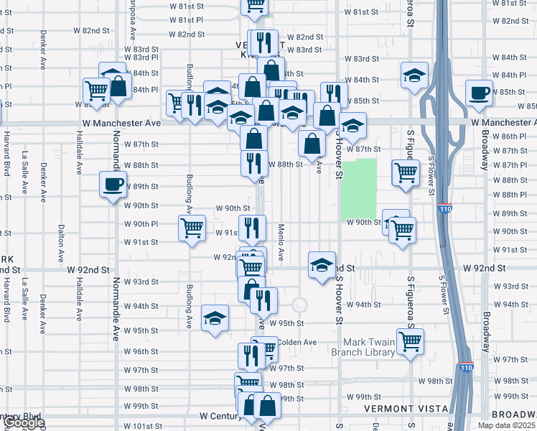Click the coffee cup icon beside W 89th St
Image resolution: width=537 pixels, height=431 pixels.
113,185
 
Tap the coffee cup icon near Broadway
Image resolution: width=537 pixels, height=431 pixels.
479,92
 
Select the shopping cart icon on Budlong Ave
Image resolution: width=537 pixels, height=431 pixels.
192,228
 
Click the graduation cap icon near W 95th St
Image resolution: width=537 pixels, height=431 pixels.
215,318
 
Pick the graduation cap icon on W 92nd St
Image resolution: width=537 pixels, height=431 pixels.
322,264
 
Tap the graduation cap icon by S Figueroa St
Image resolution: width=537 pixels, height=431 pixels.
414,75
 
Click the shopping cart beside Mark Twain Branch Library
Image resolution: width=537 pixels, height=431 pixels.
410,341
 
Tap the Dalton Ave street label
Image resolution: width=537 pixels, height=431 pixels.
60,238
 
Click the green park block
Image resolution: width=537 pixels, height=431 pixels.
359,188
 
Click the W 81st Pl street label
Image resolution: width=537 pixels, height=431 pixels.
187,19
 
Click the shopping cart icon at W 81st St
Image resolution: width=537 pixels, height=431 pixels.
254,6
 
